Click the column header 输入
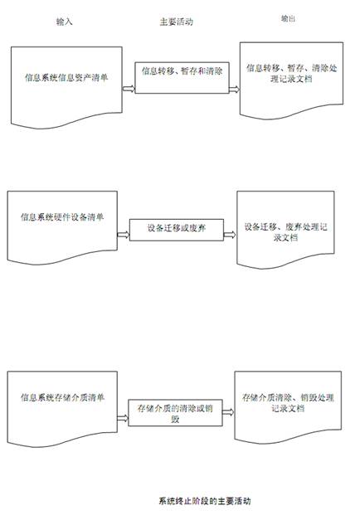point(64,22)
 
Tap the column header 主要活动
point(177,22)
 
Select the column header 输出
point(288,18)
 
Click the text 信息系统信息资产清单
point(66,78)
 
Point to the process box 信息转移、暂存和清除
point(182,78)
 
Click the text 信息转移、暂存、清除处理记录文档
point(292,73)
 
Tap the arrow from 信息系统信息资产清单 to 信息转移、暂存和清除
point(129,89)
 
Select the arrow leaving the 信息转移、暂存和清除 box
point(235,89)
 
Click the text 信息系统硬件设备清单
point(62,217)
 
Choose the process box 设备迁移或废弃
point(177,230)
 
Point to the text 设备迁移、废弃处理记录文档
point(285,232)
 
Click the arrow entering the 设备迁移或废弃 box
point(124,235)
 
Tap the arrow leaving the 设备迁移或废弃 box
point(230,235)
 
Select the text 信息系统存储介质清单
point(62,397)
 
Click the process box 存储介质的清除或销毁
point(175,412)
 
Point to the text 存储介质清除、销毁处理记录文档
point(288,403)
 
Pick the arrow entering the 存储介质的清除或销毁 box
point(123,418)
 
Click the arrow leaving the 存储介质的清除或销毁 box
point(228,412)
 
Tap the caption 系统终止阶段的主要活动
point(205,501)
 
